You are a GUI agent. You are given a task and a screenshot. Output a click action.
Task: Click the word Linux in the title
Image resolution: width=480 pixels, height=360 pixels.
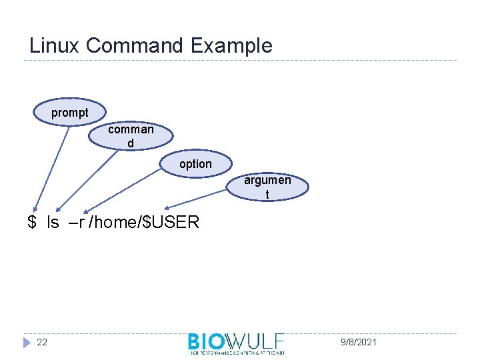point(55,46)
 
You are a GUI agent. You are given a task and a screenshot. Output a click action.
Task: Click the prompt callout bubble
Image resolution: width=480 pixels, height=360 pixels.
point(69,113)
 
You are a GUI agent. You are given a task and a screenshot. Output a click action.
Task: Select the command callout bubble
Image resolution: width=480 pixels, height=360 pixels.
point(131,136)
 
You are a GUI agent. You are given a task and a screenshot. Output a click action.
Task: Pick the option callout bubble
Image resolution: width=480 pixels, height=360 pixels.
point(195,164)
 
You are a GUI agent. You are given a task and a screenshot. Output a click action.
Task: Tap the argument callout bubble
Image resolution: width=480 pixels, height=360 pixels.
point(267,187)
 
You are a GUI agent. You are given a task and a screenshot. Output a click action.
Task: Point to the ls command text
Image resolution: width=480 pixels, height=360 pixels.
point(53,222)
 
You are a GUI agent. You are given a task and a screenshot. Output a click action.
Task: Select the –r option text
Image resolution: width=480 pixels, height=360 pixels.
point(77,222)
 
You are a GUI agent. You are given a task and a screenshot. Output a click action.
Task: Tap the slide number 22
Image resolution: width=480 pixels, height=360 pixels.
point(42,342)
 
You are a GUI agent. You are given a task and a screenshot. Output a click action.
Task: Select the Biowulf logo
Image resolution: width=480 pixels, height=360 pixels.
point(236,341)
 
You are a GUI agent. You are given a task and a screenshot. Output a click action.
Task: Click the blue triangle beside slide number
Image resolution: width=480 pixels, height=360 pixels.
point(27,342)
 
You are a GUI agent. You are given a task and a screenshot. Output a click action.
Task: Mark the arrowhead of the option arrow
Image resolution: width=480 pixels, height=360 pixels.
point(85,210)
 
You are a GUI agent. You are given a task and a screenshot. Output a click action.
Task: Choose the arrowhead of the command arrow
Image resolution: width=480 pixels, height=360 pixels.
point(59,209)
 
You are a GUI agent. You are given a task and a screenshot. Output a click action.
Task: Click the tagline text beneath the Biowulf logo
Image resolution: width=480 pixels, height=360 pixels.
point(236,352)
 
